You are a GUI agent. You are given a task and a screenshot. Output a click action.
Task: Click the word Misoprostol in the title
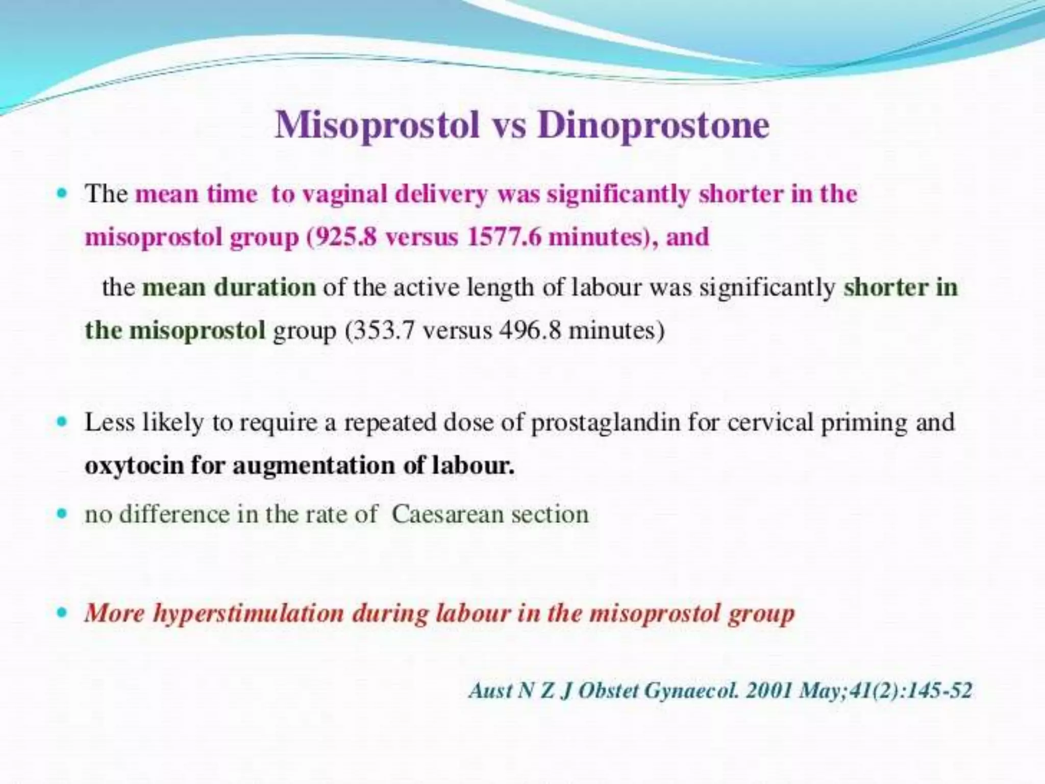[377, 125]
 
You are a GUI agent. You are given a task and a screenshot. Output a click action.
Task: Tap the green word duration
[265, 287]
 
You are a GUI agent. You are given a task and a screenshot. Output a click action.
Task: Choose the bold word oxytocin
[134, 465]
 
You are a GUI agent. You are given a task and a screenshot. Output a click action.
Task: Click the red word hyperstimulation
[248, 613]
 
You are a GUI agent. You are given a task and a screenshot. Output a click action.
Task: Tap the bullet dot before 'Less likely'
[62, 422]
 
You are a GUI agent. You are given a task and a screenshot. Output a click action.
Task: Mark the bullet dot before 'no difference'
[62, 513]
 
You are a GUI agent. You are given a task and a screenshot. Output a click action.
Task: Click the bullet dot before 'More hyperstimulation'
[62, 612]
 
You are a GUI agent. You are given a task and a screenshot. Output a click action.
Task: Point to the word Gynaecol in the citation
[691, 691]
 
